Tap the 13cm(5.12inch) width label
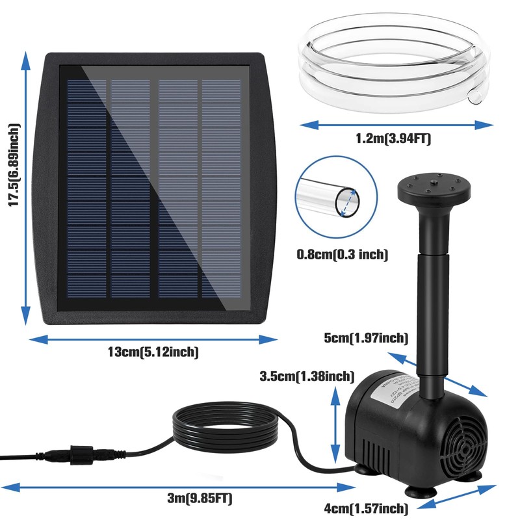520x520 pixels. point(153,352)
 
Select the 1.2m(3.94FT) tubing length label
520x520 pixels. point(393,138)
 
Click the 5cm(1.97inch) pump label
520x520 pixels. point(366,337)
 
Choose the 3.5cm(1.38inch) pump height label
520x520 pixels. point(306,376)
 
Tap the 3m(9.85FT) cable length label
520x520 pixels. point(199,499)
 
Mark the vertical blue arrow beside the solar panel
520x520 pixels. point(25,188)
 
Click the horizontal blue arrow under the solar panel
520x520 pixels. point(153,338)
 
